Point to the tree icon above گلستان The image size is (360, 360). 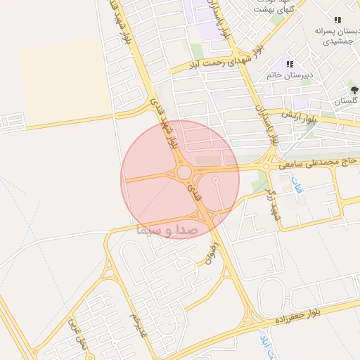pyautogui.click(x=354, y=90)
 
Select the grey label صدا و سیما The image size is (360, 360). pyautogui.click(x=165, y=230)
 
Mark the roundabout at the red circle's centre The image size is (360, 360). pyautogui.click(x=184, y=172)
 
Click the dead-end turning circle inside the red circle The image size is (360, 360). pyautogui.click(x=215, y=181)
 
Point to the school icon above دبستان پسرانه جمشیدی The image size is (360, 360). pyautogui.click(x=337, y=20)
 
